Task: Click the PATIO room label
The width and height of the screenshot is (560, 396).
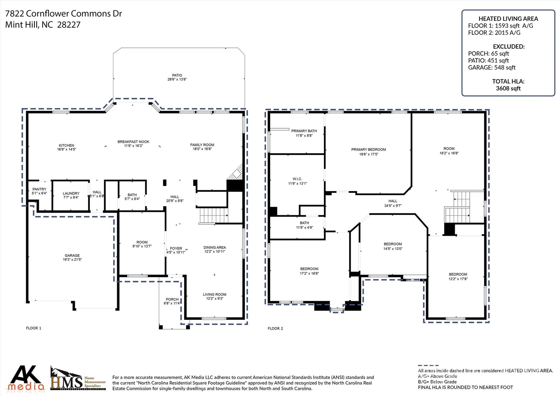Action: pyautogui.click(x=177, y=75)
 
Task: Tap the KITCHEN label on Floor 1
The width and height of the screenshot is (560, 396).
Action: pyautogui.click(x=66, y=145)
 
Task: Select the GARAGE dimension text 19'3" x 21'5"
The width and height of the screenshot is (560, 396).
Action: pyautogui.click(x=72, y=259)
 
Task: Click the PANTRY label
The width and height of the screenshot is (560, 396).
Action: pyautogui.click(x=39, y=189)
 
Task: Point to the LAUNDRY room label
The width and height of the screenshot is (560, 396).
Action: pyautogui.click(x=71, y=193)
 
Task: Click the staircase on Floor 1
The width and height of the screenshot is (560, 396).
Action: pyautogui.click(x=213, y=216)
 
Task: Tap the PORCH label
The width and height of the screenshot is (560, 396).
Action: pyautogui.click(x=172, y=299)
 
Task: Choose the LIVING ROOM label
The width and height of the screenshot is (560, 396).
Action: pyautogui.click(x=214, y=294)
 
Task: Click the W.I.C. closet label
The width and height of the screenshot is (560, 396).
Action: pyautogui.click(x=297, y=179)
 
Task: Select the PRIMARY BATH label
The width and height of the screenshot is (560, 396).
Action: pyautogui.click(x=304, y=131)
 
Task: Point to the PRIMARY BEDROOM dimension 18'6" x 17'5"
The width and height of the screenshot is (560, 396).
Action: pyautogui.click(x=368, y=154)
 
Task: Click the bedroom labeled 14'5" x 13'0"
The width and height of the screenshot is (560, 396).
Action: pyautogui.click(x=393, y=246)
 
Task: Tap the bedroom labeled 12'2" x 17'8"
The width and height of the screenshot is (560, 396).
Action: pyautogui.click(x=458, y=276)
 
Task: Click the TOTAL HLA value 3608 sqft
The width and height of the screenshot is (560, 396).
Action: pyautogui.click(x=508, y=88)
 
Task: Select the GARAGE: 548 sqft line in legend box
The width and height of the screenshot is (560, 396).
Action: pyautogui.click(x=491, y=67)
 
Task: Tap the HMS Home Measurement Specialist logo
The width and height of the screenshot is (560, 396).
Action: pyautogui.click(x=78, y=379)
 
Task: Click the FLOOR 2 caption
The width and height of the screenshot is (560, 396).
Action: pyautogui.click(x=275, y=328)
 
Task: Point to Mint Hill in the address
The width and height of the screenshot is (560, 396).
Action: pyautogui.click(x=22, y=25)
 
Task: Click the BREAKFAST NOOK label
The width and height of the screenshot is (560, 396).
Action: pyautogui.click(x=133, y=141)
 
